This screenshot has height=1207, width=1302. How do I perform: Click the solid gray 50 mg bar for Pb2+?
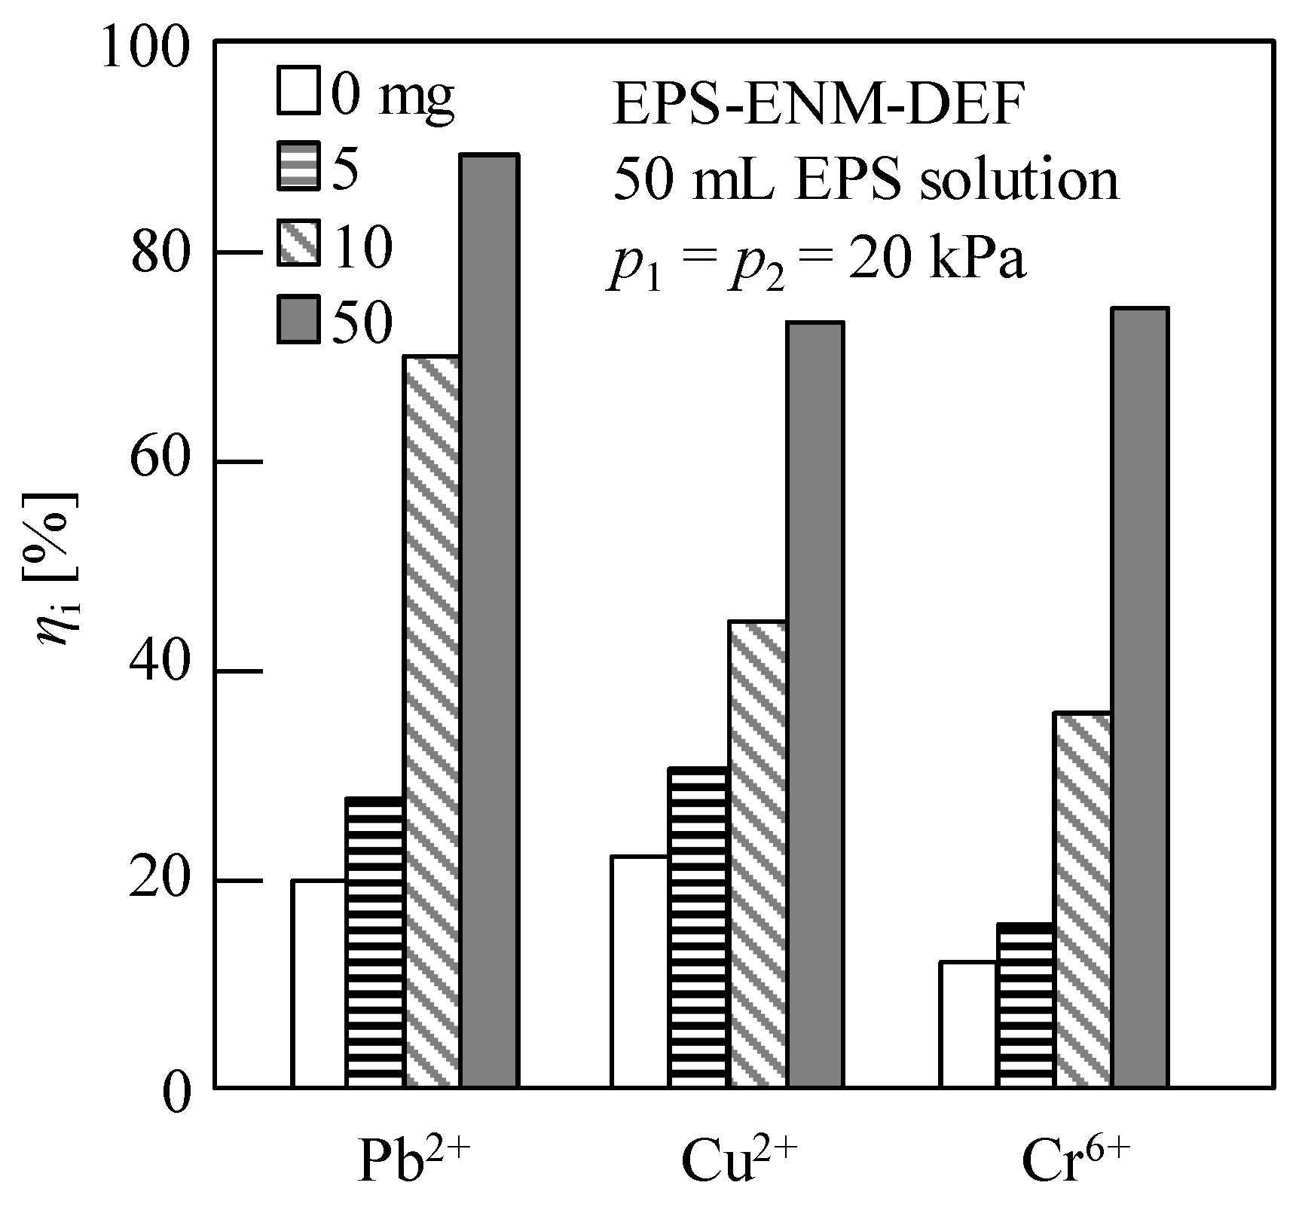pos(490,622)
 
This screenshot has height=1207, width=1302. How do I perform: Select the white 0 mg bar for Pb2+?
pos(319,983)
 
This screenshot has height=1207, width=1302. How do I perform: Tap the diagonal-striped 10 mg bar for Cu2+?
pos(757,854)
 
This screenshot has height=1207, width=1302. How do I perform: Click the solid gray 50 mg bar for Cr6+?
pos(1140,698)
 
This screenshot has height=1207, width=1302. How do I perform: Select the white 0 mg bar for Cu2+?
pos(640,972)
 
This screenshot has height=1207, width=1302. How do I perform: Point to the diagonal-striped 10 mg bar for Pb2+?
pos(432,721)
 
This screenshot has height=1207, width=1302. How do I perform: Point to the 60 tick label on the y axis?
pos(159,462)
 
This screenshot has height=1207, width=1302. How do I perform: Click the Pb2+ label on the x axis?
pos(414,1160)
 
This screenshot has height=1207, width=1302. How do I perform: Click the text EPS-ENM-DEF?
pos(818,105)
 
